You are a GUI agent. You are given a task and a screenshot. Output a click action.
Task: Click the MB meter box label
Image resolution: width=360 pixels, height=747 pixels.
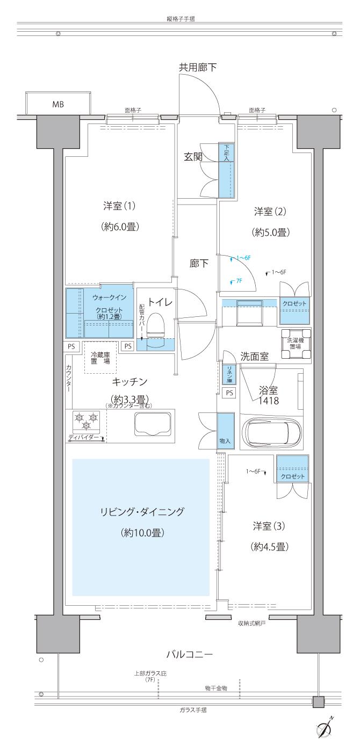pyautogui.click(x=58, y=105)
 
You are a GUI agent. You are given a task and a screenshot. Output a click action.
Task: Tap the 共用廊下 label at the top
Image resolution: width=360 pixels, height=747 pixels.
pyautogui.click(x=198, y=68)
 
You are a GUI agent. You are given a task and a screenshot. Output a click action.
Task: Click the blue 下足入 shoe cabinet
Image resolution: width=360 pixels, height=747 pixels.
pyautogui.click(x=226, y=170)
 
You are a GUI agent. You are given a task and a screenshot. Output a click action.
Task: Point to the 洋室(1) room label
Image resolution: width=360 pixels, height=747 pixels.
pyautogui.click(x=119, y=206)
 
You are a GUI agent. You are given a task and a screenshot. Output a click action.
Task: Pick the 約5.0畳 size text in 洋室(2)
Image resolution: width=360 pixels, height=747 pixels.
pyautogui.click(x=271, y=233)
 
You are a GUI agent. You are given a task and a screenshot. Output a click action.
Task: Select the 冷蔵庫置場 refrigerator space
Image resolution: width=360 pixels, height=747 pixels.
pyautogui.click(x=100, y=358)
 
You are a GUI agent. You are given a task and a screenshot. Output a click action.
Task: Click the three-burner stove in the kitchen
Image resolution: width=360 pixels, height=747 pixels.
pyautogui.click(x=86, y=421)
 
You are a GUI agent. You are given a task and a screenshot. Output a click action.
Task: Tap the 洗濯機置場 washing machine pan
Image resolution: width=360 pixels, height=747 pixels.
pyautogui.click(x=296, y=344)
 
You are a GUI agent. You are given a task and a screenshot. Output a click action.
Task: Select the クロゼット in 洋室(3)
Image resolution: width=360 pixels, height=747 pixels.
pyautogui.click(x=292, y=469)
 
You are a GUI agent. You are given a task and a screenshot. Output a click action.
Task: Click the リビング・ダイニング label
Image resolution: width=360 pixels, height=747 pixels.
pyautogui.click(x=142, y=512)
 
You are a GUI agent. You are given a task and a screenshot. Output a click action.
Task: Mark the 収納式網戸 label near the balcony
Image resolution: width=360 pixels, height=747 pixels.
pyautogui.click(x=252, y=624)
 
